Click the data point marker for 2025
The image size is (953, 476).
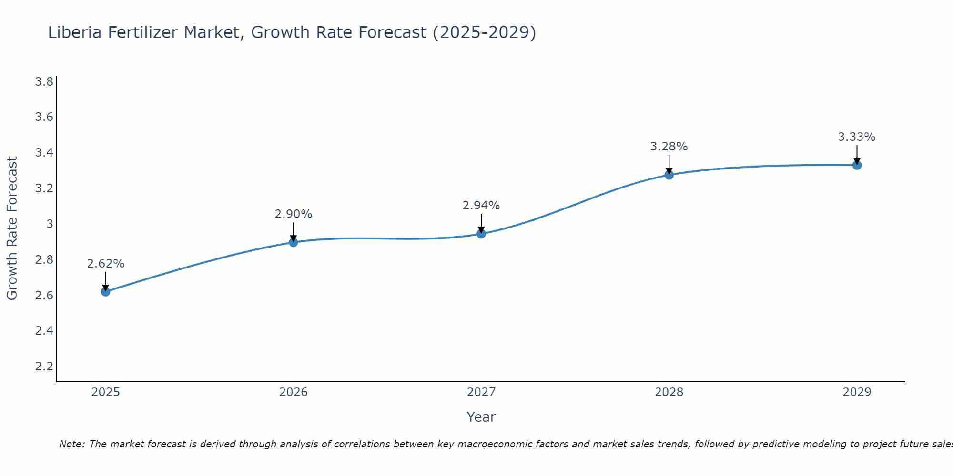pyautogui.click(x=106, y=292)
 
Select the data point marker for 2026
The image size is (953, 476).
pyautogui.click(x=294, y=242)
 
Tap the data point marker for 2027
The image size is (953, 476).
pyautogui.click(x=481, y=234)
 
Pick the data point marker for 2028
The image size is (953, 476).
pyautogui.click(x=669, y=175)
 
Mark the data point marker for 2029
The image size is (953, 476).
pyautogui.click(x=857, y=165)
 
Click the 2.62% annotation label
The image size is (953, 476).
pyautogui.click(x=106, y=264)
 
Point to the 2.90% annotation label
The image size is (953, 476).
pyautogui.click(x=294, y=214)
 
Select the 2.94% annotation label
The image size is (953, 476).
pyautogui.click(x=481, y=206)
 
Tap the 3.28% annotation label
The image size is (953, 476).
pyautogui.click(x=669, y=147)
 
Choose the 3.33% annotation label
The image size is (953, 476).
pyautogui.click(x=857, y=137)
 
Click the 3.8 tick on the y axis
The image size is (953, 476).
pyautogui.click(x=44, y=82)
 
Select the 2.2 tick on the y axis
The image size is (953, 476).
pyautogui.click(x=44, y=367)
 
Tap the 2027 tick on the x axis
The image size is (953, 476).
pyautogui.click(x=481, y=392)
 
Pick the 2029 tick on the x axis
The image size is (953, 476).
pyautogui.click(x=857, y=392)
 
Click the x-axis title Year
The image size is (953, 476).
pyautogui.click(x=481, y=417)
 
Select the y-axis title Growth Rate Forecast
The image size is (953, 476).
pyautogui.click(x=12, y=228)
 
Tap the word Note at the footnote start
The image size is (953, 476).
pyautogui.click(x=72, y=444)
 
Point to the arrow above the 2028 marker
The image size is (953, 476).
pyautogui.click(x=669, y=164)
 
